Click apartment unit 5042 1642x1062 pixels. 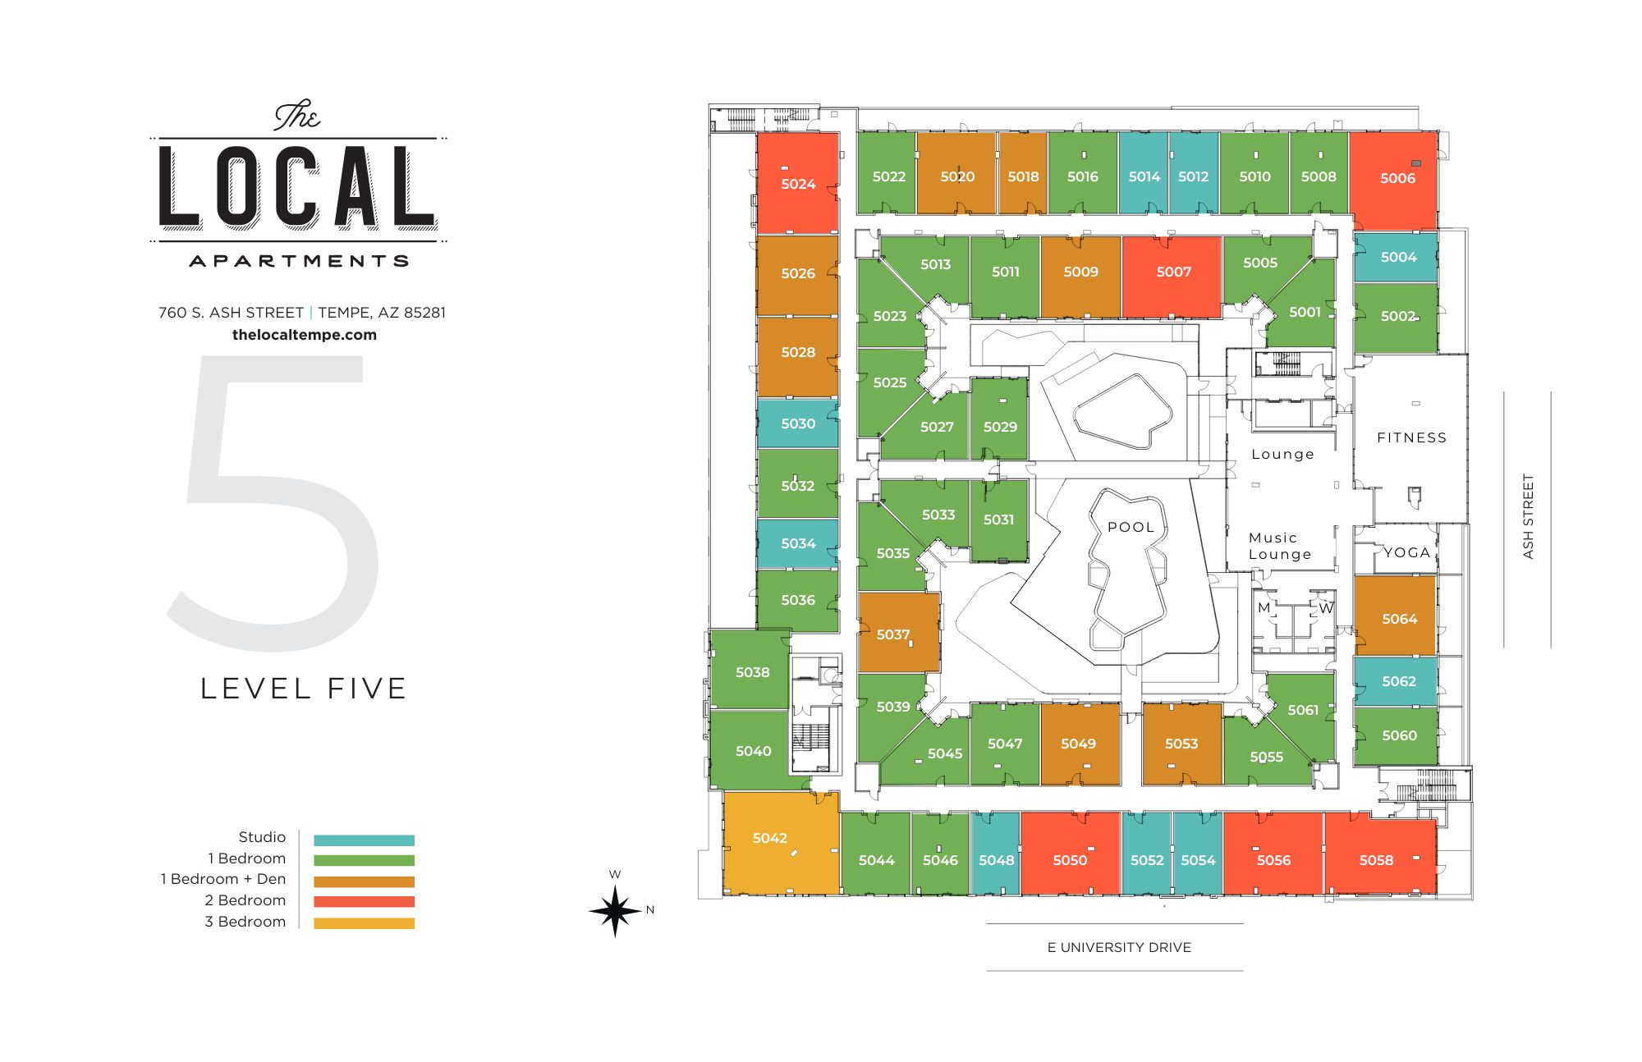[770, 838]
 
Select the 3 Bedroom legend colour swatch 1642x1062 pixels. [364, 922]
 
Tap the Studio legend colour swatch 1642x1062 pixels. [364, 840]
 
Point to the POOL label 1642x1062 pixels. [1131, 528]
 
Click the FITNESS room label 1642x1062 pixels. [1411, 438]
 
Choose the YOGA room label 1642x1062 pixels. [1406, 553]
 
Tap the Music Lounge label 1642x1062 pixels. [1279, 546]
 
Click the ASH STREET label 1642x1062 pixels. [1528, 517]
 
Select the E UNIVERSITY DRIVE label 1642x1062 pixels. [1118, 947]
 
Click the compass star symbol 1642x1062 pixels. [615, 910]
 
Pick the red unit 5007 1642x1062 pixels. [1173, 272]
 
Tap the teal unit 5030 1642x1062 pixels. [798, 423]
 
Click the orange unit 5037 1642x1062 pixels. [893, 634]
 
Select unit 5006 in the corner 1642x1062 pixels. [1397, 178]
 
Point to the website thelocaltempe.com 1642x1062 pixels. [304, 335]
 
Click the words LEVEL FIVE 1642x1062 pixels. [303, 689]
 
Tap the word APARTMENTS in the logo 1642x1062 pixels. [299, 261]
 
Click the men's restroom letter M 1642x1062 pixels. [1264, 608]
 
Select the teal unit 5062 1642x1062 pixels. [1398, 681]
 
